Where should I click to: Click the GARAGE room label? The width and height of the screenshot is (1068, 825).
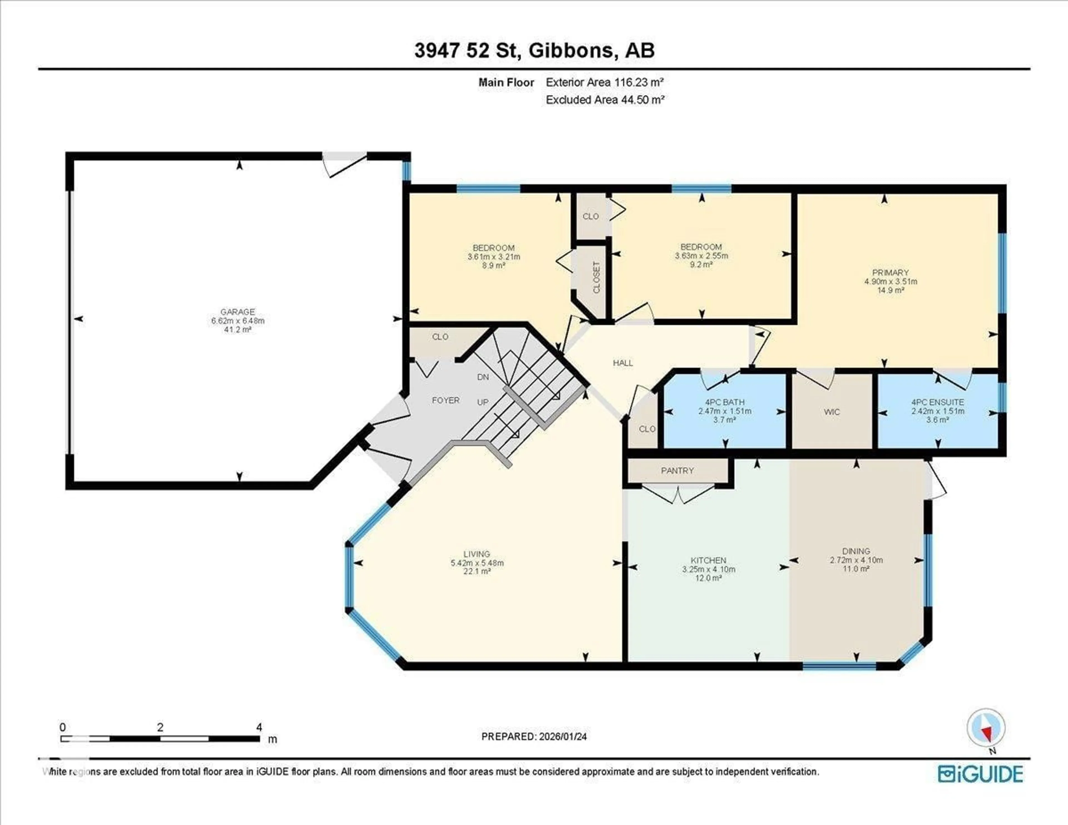click(238, 312)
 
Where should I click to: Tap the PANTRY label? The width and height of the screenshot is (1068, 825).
click(677, 470)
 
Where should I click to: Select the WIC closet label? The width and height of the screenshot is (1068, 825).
click(832, 412)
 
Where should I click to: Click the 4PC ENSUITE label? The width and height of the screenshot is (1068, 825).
click(938, 402)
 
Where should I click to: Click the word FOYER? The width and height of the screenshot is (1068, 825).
click(446, 400)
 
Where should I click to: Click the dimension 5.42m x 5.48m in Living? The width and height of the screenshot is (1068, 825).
click(477, 563)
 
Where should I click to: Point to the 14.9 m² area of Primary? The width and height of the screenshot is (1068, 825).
click(890, 290)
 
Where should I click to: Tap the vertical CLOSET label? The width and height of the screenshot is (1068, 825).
click(596, 278)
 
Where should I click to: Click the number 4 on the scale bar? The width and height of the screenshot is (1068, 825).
click(259, 727)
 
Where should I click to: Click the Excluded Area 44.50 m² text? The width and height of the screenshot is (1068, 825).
click(605, 100)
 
